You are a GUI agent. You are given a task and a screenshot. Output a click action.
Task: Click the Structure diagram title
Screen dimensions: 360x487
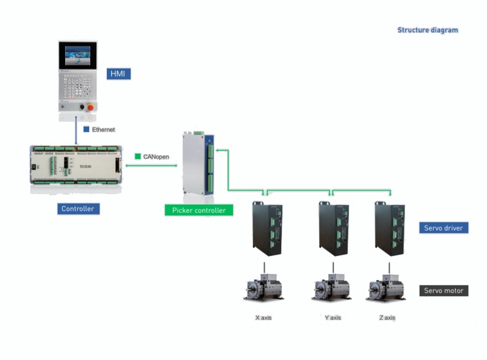tap(427, 30)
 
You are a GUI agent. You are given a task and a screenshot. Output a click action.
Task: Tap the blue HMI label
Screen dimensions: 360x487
tap(119, 74)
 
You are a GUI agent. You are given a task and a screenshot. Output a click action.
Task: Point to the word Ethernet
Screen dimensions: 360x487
tap(103, 129)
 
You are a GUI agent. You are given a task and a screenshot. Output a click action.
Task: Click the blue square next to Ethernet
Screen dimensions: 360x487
tap(86, 129)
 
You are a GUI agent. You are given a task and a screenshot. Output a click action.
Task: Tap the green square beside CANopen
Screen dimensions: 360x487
tap(137, 156)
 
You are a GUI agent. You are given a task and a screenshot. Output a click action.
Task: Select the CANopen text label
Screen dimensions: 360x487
tap(156, 156)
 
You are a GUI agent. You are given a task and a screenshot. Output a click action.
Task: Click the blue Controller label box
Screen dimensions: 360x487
tap(78, 208)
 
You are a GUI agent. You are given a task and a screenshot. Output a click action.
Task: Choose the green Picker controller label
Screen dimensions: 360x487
tap(199, 210)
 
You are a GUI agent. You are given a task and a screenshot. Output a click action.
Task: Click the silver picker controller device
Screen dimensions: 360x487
tap(198, 164)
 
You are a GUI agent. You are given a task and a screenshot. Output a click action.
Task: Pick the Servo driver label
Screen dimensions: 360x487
tap(443, 227)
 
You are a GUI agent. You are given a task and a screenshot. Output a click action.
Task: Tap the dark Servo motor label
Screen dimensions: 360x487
tap(443, 290)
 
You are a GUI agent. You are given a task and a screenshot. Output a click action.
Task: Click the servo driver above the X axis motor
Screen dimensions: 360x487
tap(267, 228)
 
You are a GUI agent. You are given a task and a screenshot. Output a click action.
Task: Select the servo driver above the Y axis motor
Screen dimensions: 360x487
tap(333, 228)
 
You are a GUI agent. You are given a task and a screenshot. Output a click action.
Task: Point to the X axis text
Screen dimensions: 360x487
tap(263, 318)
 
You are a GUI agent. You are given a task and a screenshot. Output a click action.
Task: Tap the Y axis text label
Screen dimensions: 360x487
tap(332, 318)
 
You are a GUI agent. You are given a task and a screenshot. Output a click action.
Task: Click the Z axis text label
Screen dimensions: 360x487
tap(387, 318)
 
